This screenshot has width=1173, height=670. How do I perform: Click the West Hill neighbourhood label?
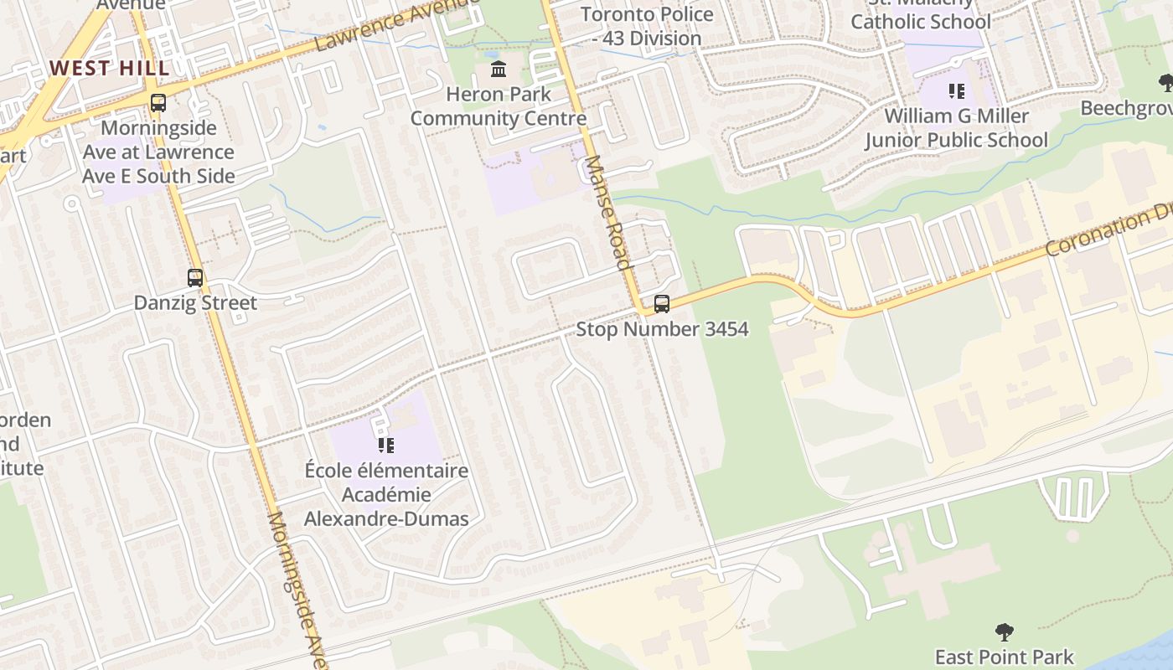click(109, 68)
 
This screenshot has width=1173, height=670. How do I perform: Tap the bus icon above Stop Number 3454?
click(662, 304)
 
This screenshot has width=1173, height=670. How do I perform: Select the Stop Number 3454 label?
click(662, 329)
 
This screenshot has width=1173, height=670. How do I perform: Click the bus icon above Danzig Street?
click(195, 278)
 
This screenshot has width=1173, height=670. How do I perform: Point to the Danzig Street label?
click(195, 302)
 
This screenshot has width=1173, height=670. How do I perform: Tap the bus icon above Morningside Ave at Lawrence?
click(158, 103)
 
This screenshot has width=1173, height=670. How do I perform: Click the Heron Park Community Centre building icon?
click(499, 69)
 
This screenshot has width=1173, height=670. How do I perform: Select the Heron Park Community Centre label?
click(499, 106)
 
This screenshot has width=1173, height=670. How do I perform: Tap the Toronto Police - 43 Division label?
click(647, 26)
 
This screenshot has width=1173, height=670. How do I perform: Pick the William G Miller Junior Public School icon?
click(956, 90)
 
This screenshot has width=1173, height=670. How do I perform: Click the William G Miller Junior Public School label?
click(956, 127)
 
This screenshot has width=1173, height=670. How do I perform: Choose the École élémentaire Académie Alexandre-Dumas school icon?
click(386, 445)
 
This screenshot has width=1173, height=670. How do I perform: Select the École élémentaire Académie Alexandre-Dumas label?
click(386, 494)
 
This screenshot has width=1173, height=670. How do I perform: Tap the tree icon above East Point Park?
click(1005, 631)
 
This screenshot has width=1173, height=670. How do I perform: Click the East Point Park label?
click(1005, 657)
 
